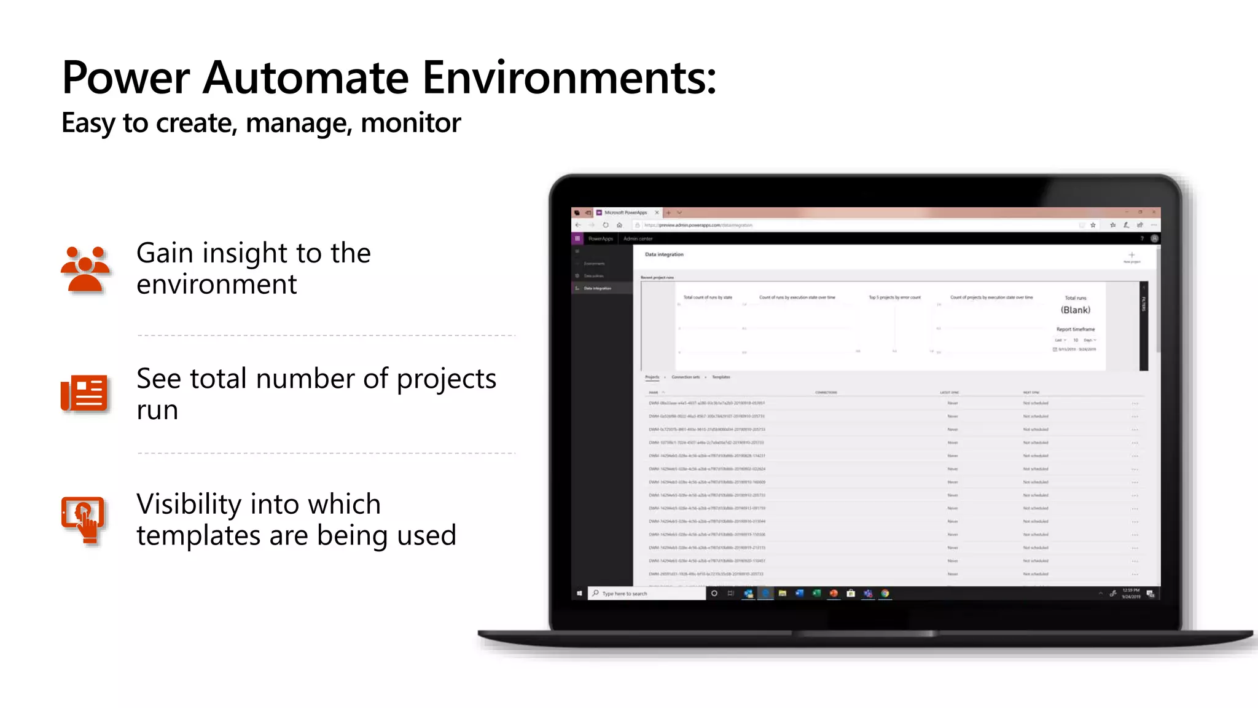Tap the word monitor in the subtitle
tap(410, 123)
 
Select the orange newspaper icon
tap(84, 393)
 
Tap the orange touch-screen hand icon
tap(84, 520)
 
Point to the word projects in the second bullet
tap(446, 379)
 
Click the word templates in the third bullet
tap(198, 535)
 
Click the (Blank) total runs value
tap(1075, 310)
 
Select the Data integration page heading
tap(664, 254)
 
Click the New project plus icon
tap(1131, 255)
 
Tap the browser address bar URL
tap(698, 226)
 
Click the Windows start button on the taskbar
tap(579, 594)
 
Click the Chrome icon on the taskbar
tap(885, 594)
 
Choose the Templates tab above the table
tap(721, 377)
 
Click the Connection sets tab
tap(686, 377)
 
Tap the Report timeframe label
tap(1075, 329)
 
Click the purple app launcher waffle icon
tap(577, 238)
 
